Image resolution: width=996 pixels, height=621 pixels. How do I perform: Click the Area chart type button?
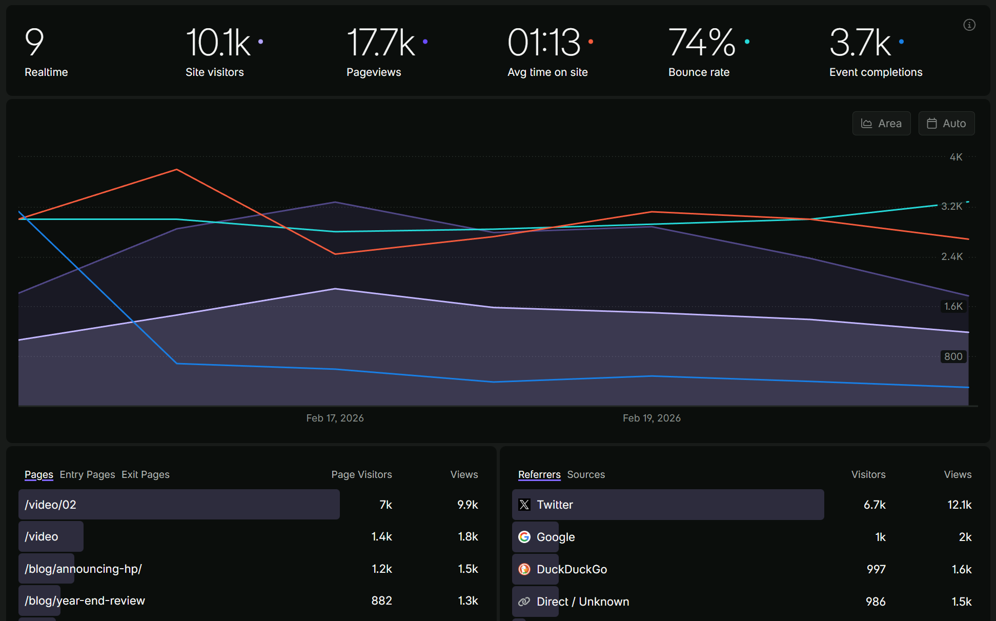point(881,124)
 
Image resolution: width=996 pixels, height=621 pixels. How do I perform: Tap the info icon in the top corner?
point(969,25)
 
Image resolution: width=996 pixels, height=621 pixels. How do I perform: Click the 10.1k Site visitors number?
point(218,43)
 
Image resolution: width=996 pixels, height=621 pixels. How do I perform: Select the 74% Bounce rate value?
point(702,43)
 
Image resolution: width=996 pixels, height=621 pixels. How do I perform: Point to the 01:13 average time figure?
point(543,43)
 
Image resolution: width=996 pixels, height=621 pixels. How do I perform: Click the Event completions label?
point(876,72)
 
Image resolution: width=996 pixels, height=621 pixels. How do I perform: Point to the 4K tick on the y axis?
point(956,157)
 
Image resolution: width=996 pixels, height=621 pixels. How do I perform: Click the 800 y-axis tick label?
point(953,356)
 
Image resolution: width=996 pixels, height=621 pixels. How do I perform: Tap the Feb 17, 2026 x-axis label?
point(335,418)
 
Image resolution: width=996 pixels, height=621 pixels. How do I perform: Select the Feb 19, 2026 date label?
point(652,418)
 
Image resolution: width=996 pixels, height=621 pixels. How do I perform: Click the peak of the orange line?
point(177,169)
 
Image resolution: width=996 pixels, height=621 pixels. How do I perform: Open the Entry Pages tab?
point(87,474)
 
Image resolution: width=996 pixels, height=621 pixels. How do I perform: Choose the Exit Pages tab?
point(146,474)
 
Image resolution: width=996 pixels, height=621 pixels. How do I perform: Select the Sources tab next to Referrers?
point(586,474)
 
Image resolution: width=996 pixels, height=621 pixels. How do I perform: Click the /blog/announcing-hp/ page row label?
point(83,569)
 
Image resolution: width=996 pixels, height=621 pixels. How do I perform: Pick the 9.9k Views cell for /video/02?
point(467,505)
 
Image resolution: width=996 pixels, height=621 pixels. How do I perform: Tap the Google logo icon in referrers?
point(524,537)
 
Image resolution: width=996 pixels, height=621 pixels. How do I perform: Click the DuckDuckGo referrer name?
point(572,569)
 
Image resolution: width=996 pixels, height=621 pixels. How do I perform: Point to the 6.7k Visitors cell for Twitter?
point(875,505)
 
